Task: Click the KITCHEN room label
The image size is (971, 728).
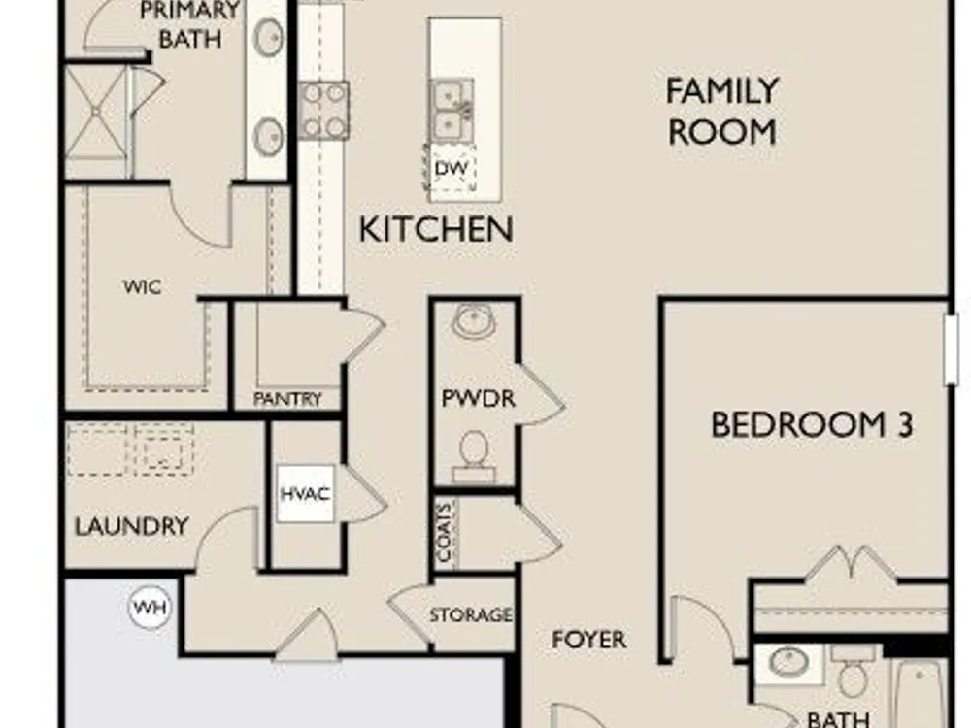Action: [x=436, y=229]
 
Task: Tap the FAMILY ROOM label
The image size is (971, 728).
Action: [x=722, y=112]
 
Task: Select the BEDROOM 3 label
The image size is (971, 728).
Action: [x=812, y=425]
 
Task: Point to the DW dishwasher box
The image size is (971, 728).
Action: [x=451, y=168]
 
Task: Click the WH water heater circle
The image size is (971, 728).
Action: [x=151, y=608]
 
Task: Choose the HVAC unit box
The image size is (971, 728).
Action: [x=305, y=494]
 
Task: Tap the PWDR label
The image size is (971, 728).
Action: [x=478, y=398]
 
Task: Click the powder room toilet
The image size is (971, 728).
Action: [x=475, y=456]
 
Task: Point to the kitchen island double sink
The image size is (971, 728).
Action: [x=452, y=111]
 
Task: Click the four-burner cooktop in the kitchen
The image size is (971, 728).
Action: [x=324, y=111]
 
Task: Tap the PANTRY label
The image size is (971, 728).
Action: [x=287, y=399]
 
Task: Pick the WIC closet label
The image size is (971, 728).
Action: [x=142, y=287]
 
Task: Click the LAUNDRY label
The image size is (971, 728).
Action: [x=132, y=527]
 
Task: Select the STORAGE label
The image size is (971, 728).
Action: [x=471, y=614]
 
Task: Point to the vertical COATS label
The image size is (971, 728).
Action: [x=445, y=534]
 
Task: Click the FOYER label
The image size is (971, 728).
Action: [x=589, y=640]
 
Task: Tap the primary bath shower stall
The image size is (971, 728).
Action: [x=96, y=113]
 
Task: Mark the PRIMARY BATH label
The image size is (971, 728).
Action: [x=189, y=25]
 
